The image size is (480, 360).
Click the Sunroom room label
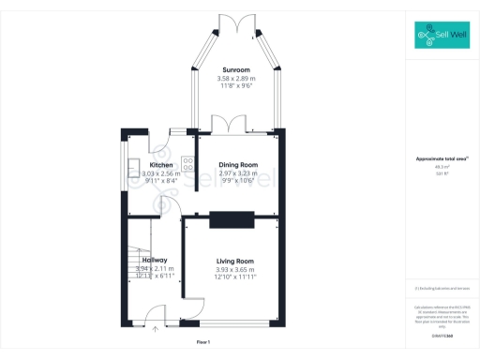[x=235, y=70]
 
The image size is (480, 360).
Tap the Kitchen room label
[x=160, y=165]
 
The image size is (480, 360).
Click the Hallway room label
[x=155, y=260]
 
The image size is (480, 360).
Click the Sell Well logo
[x=441, y=37]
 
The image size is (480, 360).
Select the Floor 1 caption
[x=202, y=342]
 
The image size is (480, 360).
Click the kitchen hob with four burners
[x=187, y=160]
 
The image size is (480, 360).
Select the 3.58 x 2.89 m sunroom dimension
[x=235, y=79]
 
